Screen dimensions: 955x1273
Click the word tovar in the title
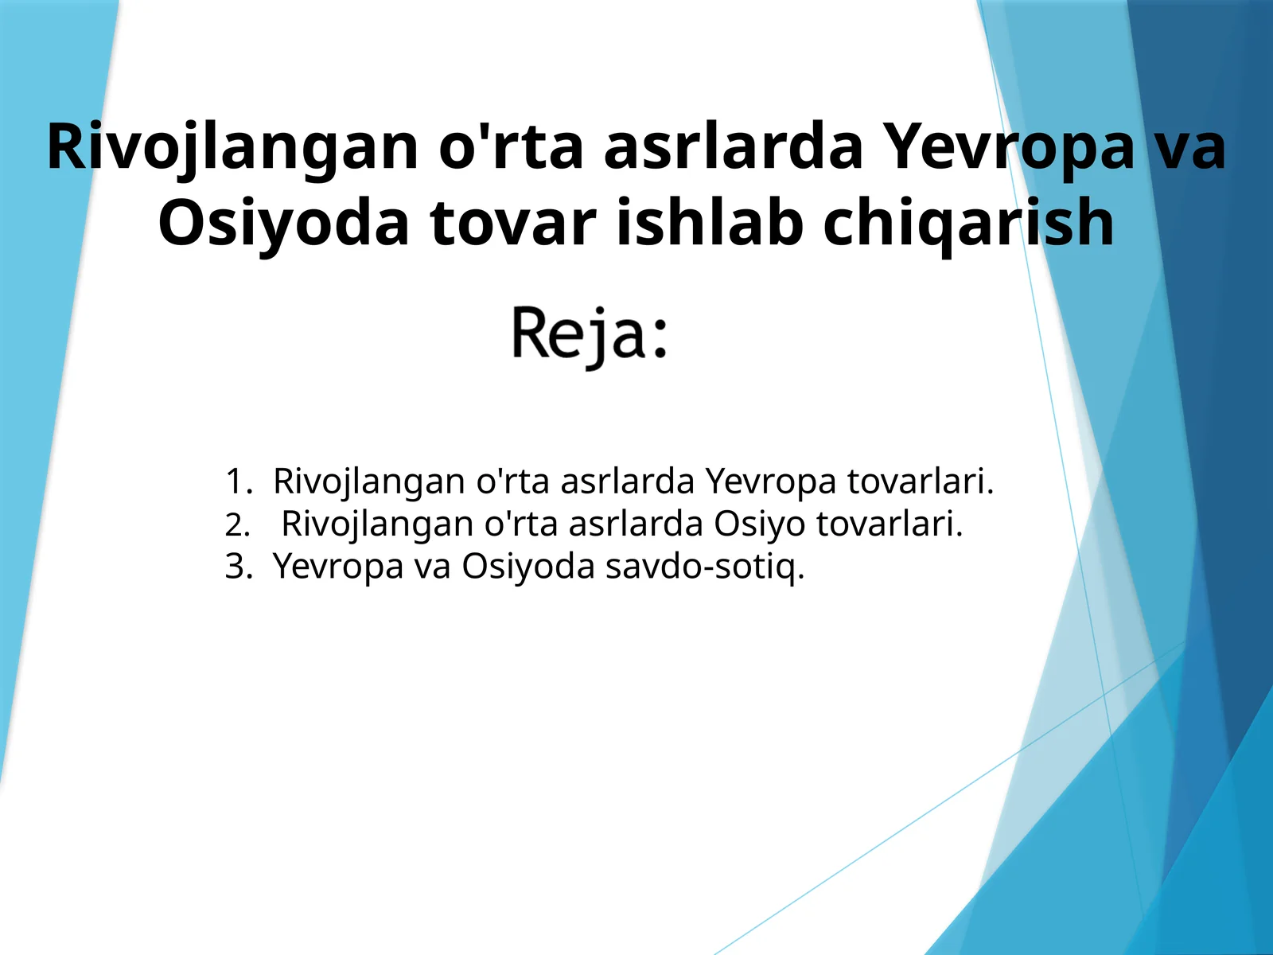tap(513, 223)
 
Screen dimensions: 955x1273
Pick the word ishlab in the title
tap(709, 223)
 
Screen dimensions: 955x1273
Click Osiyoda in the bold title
tap(283, 223)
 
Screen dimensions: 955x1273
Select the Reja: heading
tap(589, 334)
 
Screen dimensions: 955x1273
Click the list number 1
tap(238, 481)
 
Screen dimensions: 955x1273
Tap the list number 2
tap(237, 525)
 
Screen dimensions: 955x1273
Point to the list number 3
tap(238, 567)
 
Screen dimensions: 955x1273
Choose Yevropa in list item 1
tap(771, 481)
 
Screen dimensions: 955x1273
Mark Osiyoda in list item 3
tap(528, 567)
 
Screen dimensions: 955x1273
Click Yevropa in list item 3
tap(338, 567)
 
